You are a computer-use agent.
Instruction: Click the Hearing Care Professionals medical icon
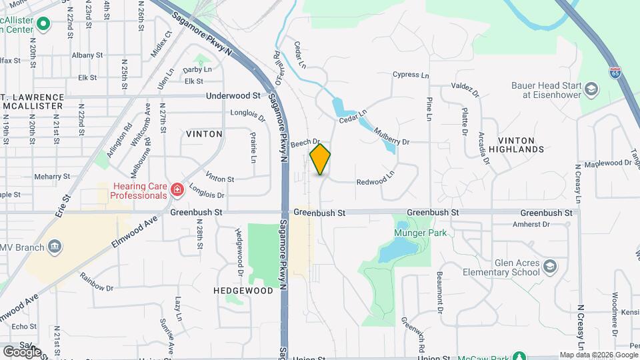click(177, 191)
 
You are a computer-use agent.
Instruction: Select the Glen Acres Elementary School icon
click(550, 267)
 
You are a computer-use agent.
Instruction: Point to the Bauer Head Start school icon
click(591, 90)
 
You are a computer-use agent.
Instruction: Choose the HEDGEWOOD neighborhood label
click(243, 291)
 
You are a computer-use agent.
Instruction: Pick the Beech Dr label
click(306, 142)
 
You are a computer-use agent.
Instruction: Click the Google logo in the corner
click(21, 351)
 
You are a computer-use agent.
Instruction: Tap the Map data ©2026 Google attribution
click(598, 355)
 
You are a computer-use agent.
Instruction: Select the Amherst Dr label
click(531, 225)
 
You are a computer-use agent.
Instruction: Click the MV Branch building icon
click(55, 248)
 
